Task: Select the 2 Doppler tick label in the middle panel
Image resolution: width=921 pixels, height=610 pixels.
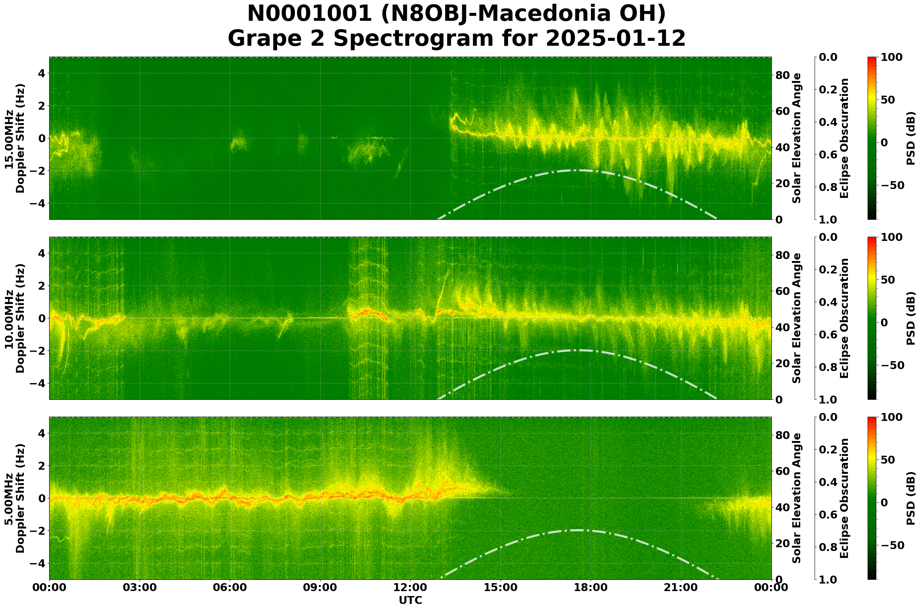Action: [41, 286]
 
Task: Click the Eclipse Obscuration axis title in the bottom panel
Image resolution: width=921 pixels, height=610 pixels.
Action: [844, 498]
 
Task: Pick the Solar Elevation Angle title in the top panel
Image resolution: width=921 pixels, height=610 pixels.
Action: [797, 138]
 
